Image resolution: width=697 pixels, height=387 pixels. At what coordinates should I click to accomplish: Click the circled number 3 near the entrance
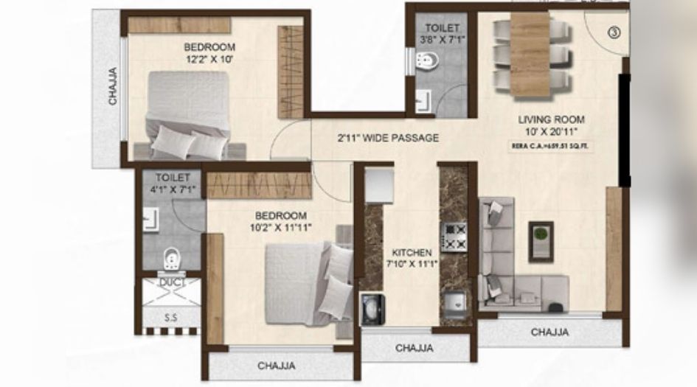point(615,32)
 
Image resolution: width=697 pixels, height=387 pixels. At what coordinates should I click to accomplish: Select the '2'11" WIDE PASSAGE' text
point(389,138)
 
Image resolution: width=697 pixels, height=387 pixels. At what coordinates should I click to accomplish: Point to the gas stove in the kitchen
point(454,237)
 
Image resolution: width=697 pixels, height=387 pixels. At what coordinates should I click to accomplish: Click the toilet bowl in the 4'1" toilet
point(171,259)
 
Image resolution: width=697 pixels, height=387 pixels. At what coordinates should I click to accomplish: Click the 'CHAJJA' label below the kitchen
point(415,348)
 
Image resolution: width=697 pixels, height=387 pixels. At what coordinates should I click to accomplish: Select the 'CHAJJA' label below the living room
point(549,332)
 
